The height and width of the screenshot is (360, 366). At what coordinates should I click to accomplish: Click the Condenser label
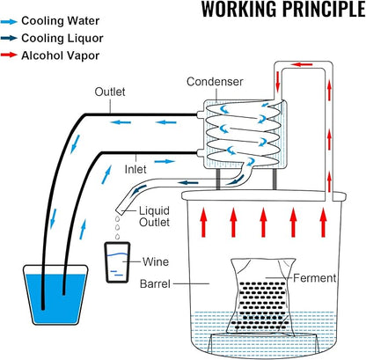pos(215,82)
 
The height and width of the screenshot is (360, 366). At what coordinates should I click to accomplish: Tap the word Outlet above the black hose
pos(110,92)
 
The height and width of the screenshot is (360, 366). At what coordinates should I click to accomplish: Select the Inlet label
pos(135,169)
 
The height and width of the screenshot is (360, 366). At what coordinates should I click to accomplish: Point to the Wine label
pos(156,261)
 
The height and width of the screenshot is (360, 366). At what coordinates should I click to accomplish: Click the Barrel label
pos(155,283)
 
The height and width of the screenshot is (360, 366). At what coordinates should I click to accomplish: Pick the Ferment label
pos(315,278)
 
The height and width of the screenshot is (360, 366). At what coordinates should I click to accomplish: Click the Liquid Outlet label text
pos(154,217)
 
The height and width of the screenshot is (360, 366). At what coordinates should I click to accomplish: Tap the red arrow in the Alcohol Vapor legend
pos(9,55)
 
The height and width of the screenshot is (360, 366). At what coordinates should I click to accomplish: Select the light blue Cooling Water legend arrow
pos(9,21)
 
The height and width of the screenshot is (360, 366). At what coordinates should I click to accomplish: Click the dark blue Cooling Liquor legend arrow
pos(9,38)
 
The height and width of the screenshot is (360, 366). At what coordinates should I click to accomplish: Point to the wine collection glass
pos(117,262)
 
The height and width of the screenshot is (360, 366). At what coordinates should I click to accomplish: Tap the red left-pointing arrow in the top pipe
pos(303,64)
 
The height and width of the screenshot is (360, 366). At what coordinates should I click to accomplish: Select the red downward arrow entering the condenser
pos(278,80)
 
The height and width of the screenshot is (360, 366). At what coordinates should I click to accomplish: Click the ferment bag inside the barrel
pos(262,297)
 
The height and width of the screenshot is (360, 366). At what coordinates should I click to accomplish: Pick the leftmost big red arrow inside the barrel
pos(203,222)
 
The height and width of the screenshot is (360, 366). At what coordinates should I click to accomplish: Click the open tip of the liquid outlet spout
pos(119,211)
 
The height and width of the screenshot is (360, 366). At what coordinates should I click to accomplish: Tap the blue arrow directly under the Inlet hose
pos(165,161)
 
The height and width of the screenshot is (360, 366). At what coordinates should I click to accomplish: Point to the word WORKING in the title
pos(239,9)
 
